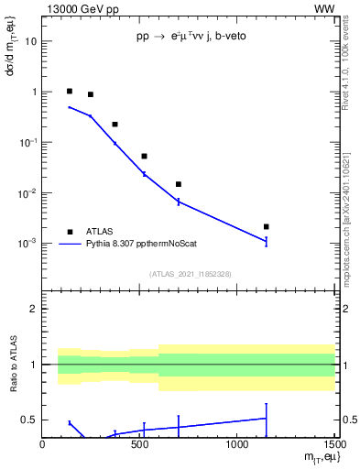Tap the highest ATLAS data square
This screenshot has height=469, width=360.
point(70,91)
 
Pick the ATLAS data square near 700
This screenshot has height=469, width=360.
point(179,184)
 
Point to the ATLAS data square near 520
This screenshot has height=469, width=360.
point(144,156)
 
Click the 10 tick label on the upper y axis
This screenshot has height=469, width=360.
point(30,41)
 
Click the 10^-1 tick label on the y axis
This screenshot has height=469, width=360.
point(27,142)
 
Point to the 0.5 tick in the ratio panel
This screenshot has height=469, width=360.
point(28,420)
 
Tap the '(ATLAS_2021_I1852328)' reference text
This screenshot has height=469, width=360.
point(189,274)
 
